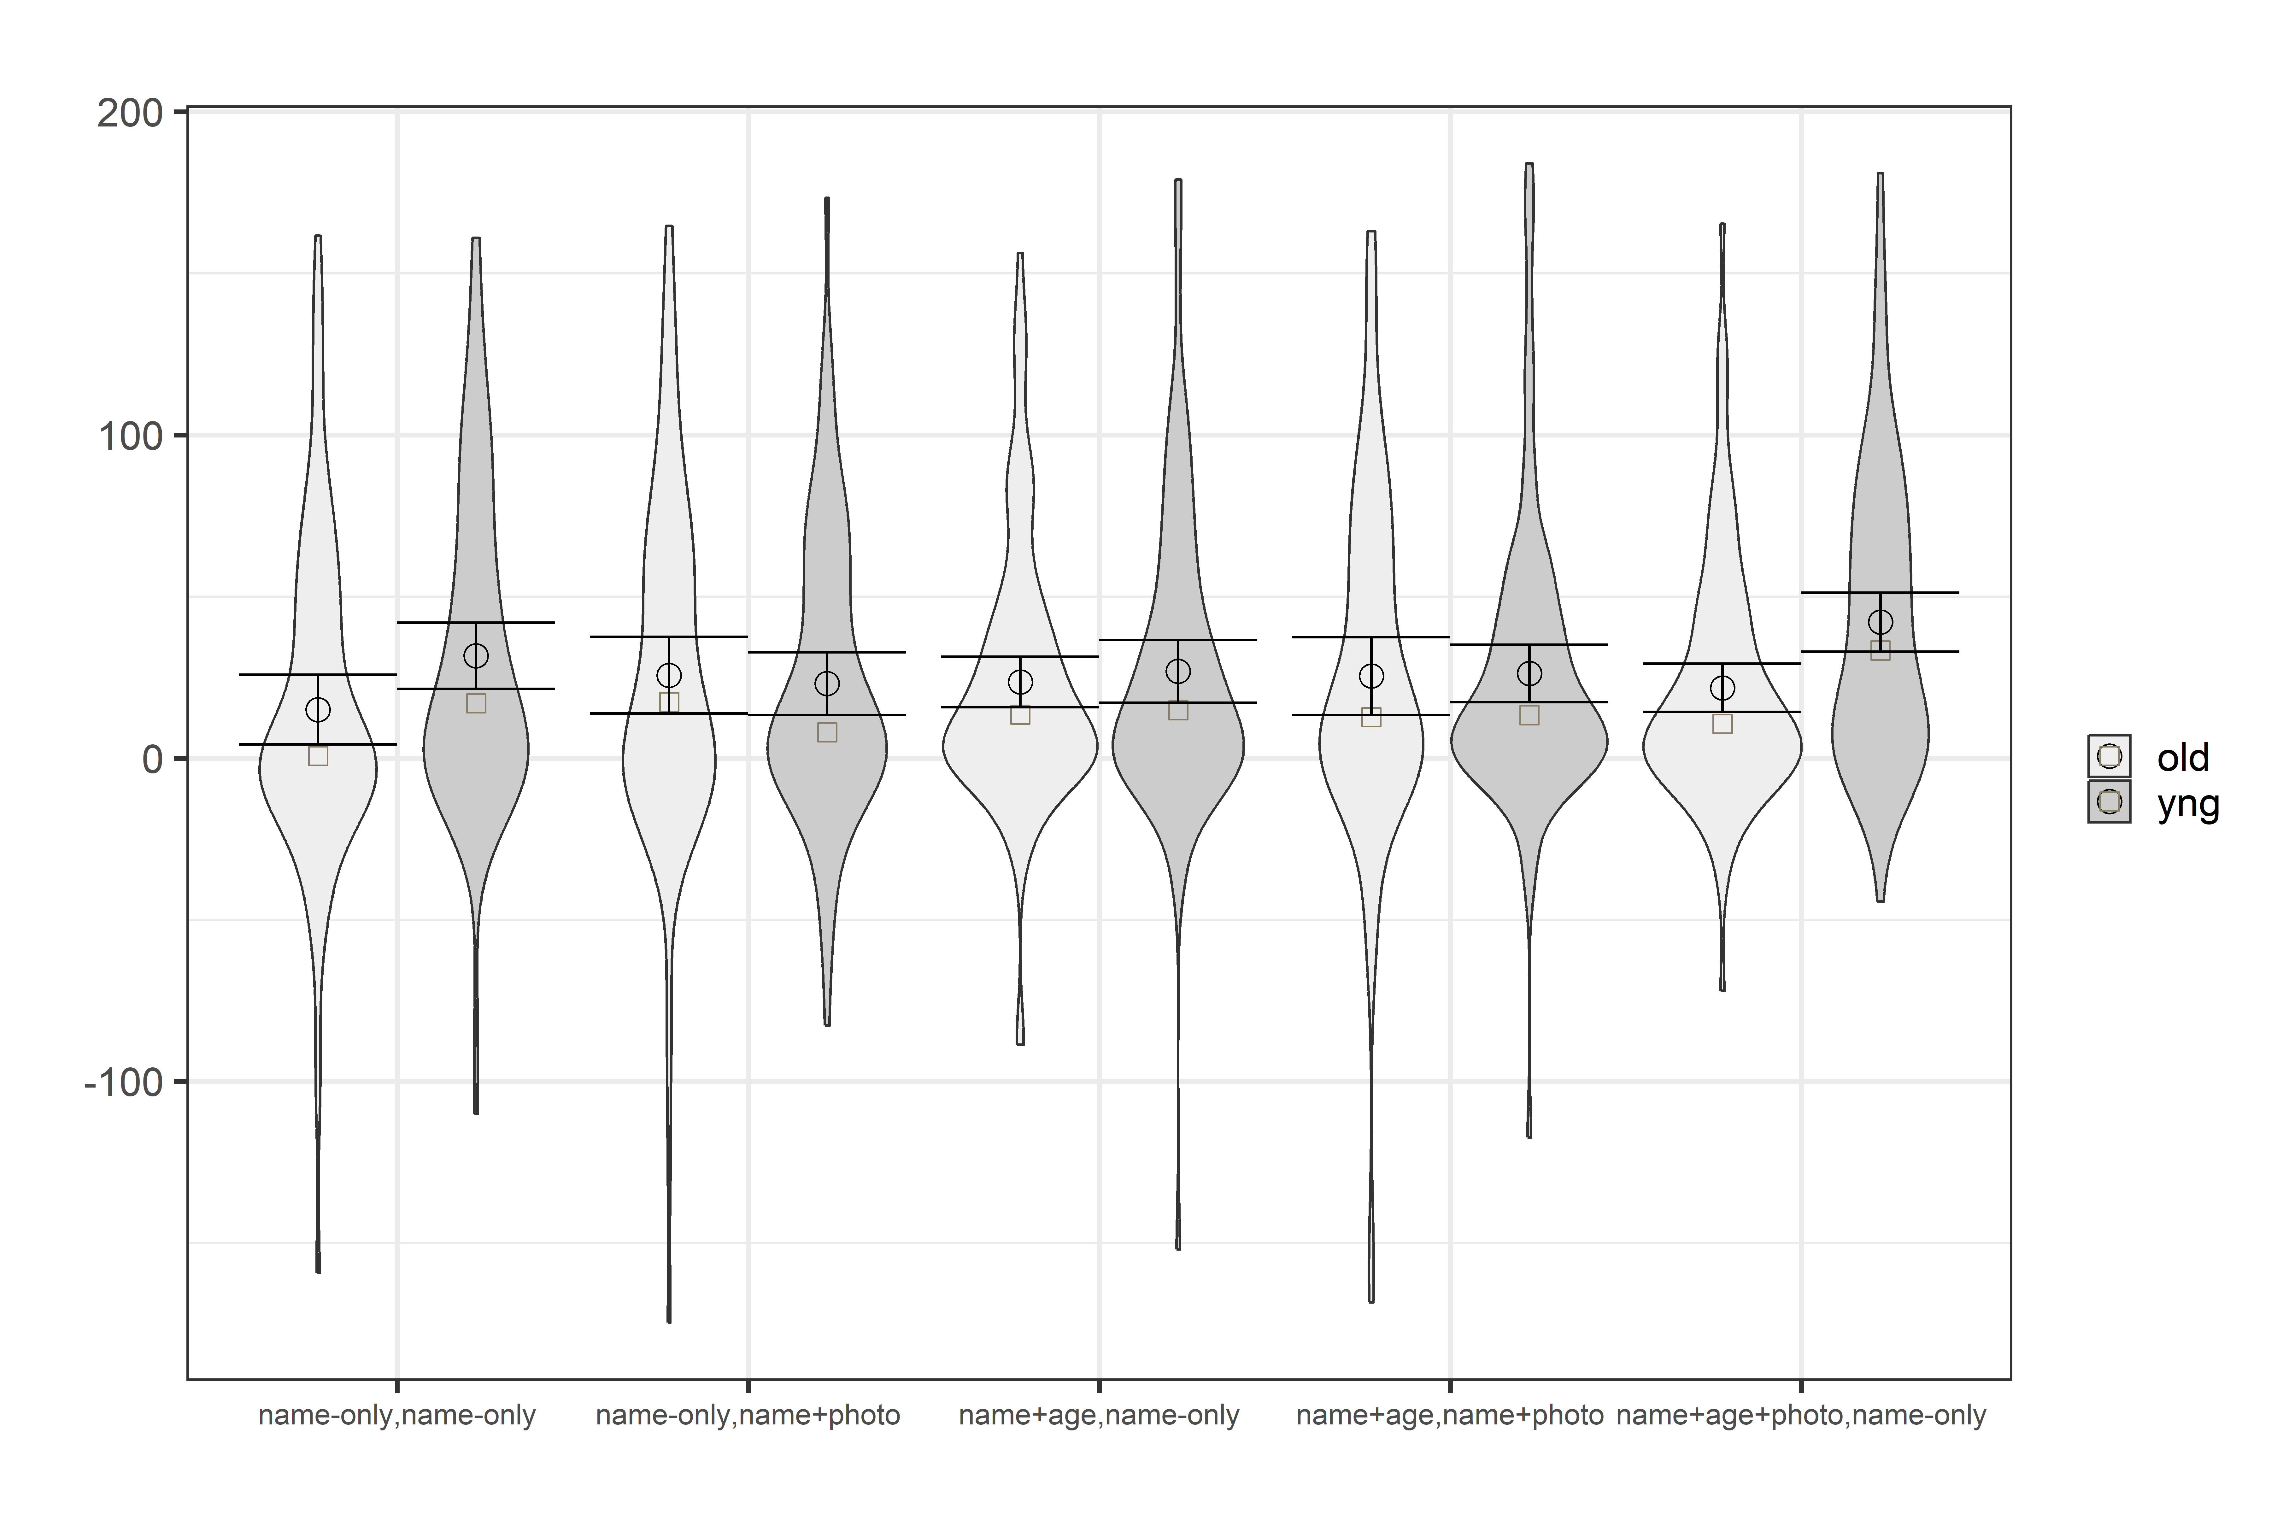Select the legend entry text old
click(x=2182, y=758)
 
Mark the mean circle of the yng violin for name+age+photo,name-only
click(x=1880, y=622)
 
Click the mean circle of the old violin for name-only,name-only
click(x=318, y=710)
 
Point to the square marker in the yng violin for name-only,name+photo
click(x=826, y=732)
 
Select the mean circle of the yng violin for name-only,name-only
click(x=476, y=656)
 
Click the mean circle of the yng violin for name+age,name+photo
click(x=1529, y=673)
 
